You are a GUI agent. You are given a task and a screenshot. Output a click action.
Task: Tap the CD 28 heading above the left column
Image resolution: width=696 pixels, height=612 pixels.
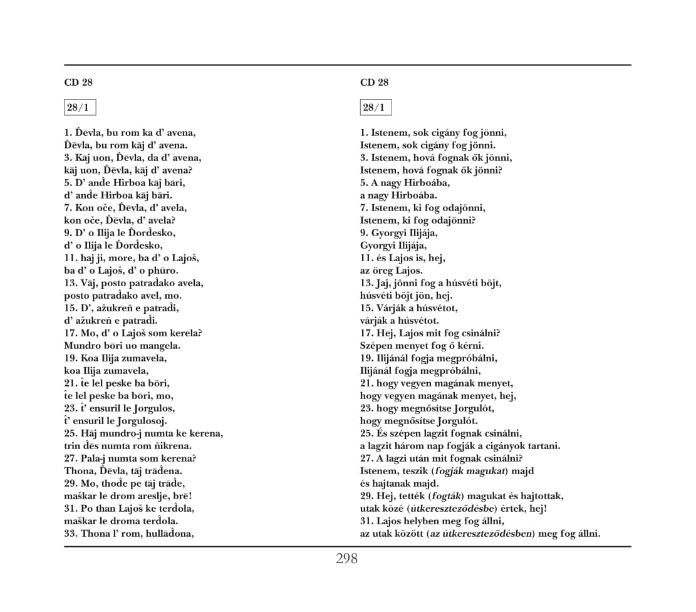[78, 82]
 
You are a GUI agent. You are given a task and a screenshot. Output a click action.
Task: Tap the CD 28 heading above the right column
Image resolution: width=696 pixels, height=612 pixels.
[375, 82]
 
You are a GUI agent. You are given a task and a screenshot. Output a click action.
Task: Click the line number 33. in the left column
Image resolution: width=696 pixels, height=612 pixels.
[72, 534]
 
